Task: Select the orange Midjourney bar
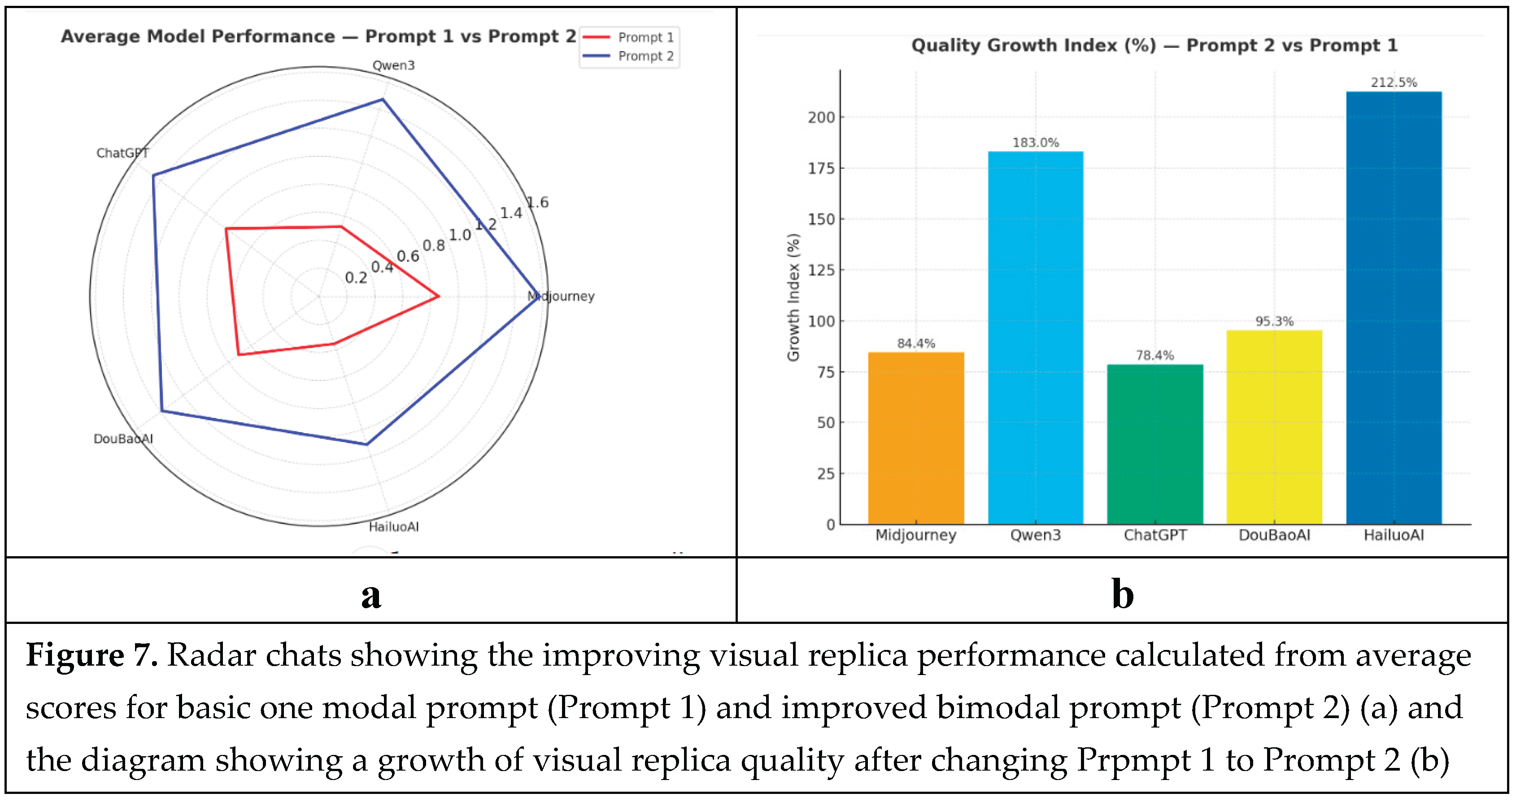916,438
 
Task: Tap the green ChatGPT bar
1154,444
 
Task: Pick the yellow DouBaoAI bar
1274,427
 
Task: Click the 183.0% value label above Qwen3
1035,142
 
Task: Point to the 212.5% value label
1394,83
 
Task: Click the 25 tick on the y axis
826,474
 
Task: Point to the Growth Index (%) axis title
793,297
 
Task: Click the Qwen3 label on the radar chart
393,65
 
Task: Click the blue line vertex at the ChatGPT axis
153,175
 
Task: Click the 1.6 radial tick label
537,202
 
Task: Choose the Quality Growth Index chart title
1154,45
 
